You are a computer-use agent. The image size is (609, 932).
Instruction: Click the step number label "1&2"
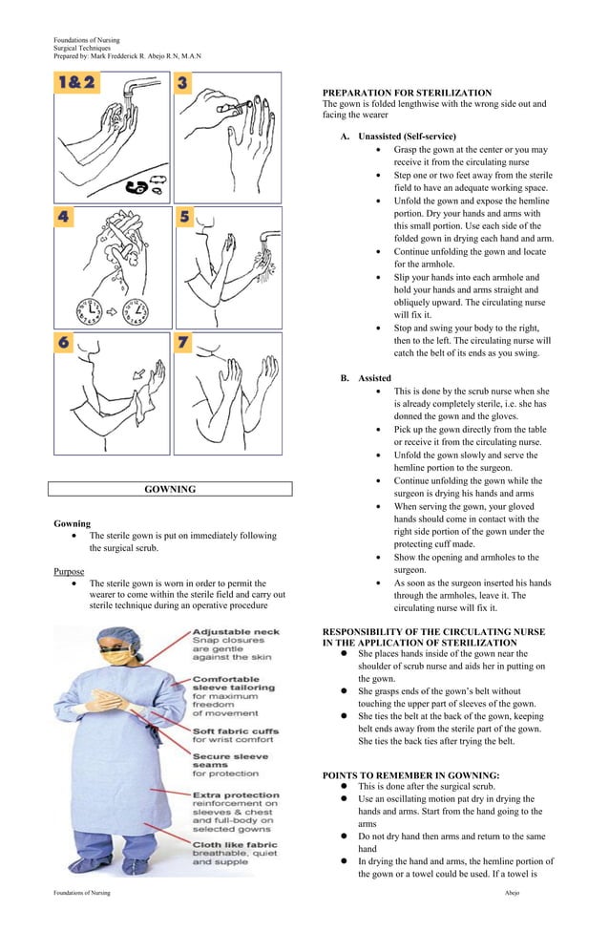tap(75, 84)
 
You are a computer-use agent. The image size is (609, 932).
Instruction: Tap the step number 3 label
tap(182, 84)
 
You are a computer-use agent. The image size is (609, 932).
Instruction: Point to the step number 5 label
tap(184, 217)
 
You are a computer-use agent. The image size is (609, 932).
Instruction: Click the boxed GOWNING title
tap(170, 490)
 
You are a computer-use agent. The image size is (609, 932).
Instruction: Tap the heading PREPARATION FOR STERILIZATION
tap(407, 93)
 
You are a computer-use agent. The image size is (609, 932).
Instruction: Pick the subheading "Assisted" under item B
tap(374, 378)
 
